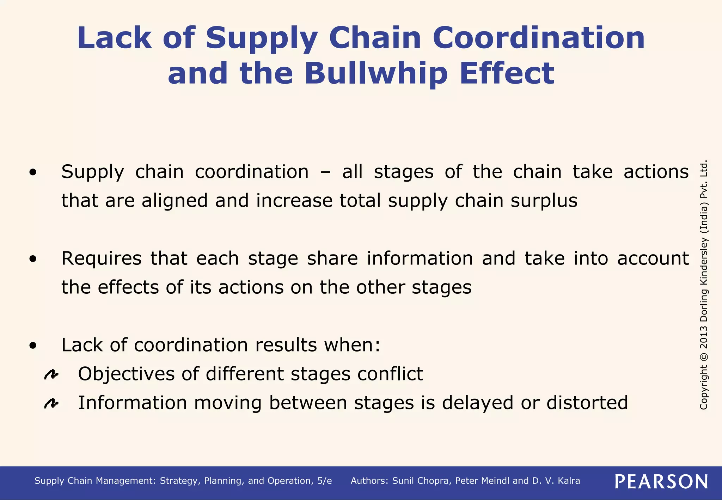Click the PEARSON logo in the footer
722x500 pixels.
pyautogui.click(x=661, y=481)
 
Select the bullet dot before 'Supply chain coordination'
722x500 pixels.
pyautogui.click(x=33, y=173)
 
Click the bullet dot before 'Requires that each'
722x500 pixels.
pyautogui.click(x=33, y=260)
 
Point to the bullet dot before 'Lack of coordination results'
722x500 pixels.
pyautogui.click(x=33, y=346)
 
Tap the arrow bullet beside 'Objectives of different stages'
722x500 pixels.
pyautogui.click(x=51, y=374)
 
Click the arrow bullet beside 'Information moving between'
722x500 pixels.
pyautogui.click(x=51, y=403)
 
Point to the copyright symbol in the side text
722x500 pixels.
pyautogui.click(x=704, y=356)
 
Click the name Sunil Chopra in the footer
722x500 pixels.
pyautogui.click(x=421, y=481)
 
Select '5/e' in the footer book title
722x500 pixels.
pyautogui.click(x=324, y=481)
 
